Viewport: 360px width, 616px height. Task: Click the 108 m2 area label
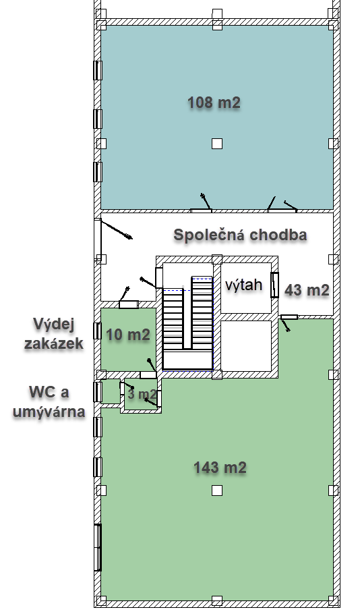pos(214,103)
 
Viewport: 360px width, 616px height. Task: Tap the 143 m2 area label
pos(220,468)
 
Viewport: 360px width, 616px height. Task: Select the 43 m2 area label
pos(307,290)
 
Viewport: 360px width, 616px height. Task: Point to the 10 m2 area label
pos(128,335)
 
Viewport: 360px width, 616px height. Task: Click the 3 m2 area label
pos(142,393)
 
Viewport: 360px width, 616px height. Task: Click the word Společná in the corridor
pos(209,235)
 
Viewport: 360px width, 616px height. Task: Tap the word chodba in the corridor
pos(278,235)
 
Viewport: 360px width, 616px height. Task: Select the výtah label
pos(244,285)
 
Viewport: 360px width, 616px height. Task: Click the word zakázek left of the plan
pos(54,343)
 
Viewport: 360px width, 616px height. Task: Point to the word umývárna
pos(49,412)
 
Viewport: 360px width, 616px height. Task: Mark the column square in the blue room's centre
pos(217,144)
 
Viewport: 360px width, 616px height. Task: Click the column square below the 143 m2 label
pos(217,491)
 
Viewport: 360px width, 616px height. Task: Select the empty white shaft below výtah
pos(246,345)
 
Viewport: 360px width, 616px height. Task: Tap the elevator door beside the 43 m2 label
pos(275,285)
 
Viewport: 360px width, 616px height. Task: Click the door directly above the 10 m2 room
pos(129,304)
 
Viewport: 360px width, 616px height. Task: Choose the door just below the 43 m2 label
pos(289,317)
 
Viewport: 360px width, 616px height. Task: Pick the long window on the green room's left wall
pos(98,547)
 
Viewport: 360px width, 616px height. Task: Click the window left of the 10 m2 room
pos(97,331)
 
